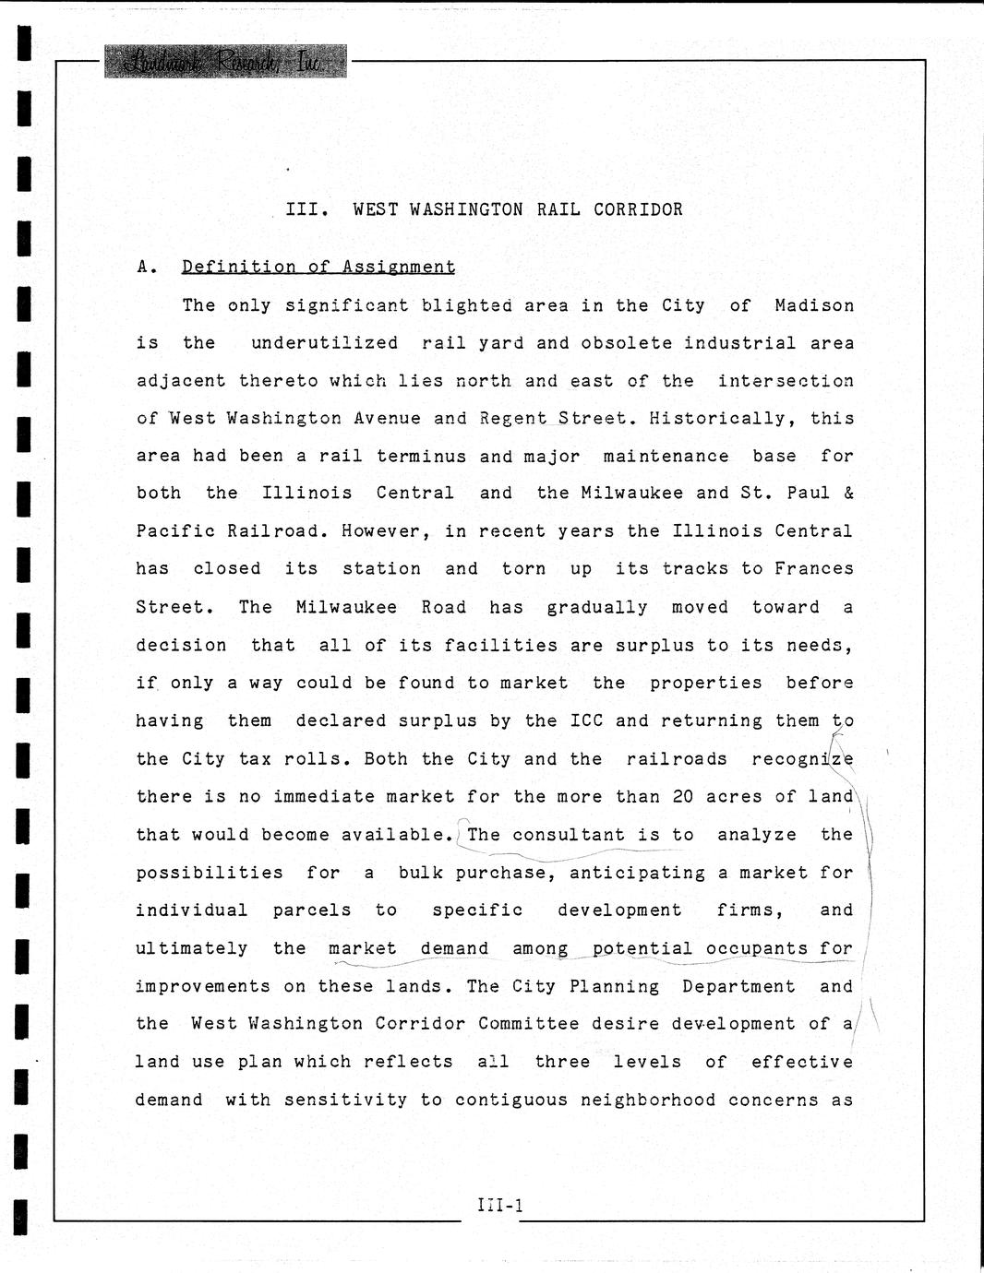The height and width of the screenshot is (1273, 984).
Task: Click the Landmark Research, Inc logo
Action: point(225,62)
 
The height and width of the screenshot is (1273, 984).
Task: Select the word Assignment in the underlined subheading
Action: point(398,267)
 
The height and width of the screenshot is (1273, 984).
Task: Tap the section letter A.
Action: point(143,268)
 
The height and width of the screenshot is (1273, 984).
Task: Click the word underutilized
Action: point(324,343)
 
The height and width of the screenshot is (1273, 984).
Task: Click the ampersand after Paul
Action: point(848,493)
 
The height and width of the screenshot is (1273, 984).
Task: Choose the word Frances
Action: point(813,568)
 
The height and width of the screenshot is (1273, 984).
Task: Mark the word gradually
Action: point(597,607)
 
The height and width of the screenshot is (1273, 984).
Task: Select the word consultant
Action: point(569,834)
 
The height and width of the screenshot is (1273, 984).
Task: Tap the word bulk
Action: point(421,872)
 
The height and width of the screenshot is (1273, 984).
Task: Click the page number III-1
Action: point(500,1204)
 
